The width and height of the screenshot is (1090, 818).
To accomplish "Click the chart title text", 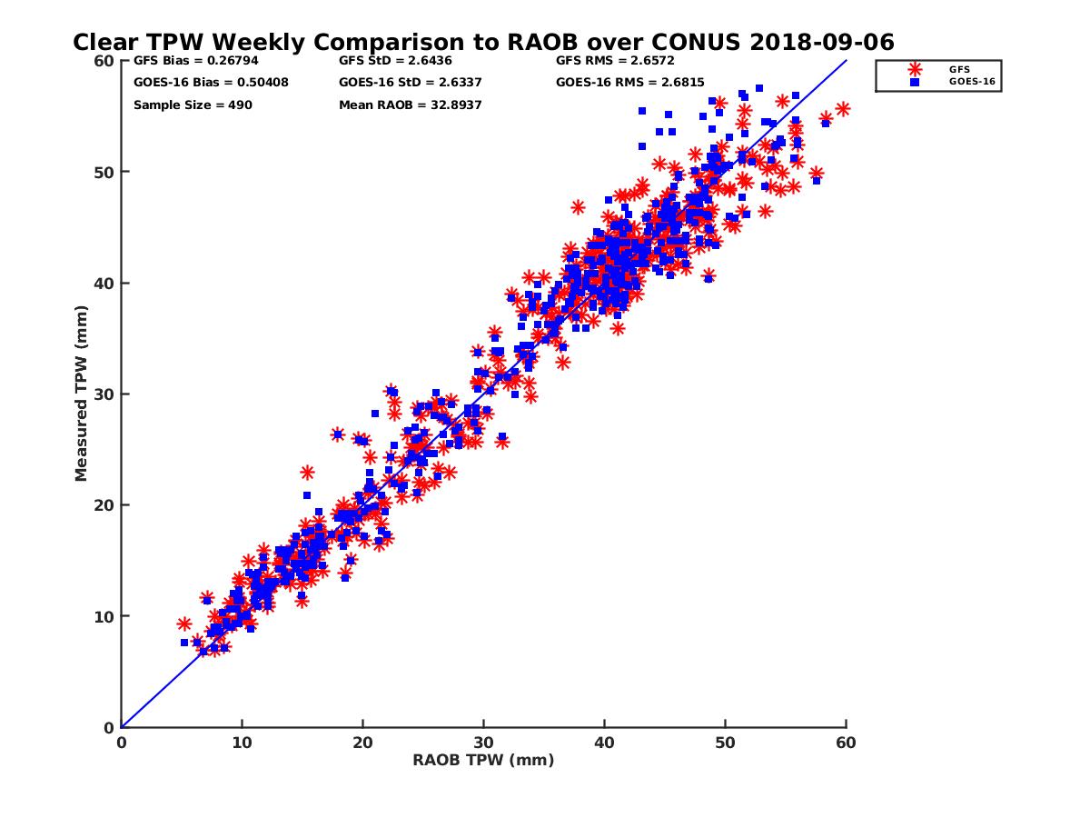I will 483,42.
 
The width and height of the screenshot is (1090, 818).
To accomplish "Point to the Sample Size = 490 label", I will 193,105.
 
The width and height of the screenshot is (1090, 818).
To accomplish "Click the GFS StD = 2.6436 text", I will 391,62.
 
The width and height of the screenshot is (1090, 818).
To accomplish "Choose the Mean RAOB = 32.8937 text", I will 410,105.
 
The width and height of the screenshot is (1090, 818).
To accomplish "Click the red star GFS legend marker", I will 915,69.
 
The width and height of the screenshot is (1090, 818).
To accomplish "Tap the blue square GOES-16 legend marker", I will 915,81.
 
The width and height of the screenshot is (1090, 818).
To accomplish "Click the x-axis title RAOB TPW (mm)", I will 483,760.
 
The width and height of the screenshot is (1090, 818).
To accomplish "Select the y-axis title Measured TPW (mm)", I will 81,393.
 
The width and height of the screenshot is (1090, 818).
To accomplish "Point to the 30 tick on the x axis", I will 483,743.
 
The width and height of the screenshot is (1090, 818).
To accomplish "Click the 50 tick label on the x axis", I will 725,743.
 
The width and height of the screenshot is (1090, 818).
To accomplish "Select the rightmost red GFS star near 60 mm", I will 843,109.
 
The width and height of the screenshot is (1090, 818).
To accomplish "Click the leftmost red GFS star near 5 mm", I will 184,623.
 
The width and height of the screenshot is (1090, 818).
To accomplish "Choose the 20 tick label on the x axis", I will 362,743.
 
